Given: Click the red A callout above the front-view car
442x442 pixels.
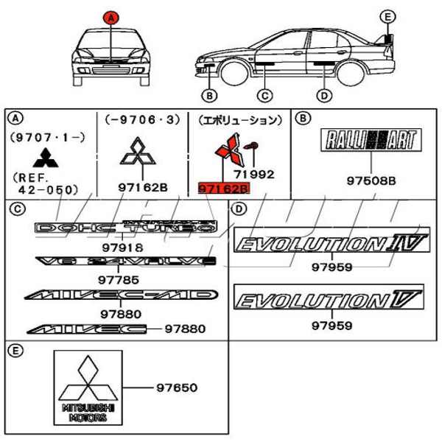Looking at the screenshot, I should click(110, 16).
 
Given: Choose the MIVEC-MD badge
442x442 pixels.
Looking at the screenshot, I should click(122, 296).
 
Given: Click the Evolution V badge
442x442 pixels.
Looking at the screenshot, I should click(329, 299).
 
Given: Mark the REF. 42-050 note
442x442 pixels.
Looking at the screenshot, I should click(44, 183).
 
